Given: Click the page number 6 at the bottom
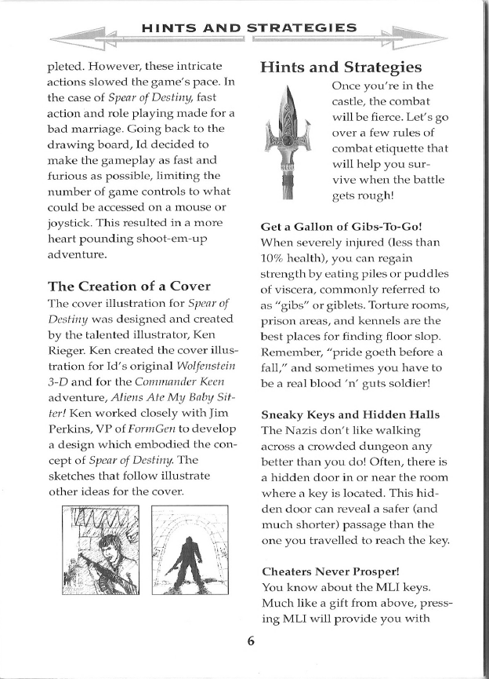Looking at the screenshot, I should [251, 640].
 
